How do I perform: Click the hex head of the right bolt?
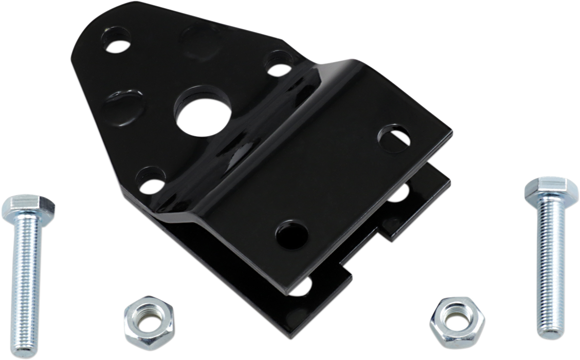click(x=546, y=190)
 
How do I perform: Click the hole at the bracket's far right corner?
click(x=394, y=137)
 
